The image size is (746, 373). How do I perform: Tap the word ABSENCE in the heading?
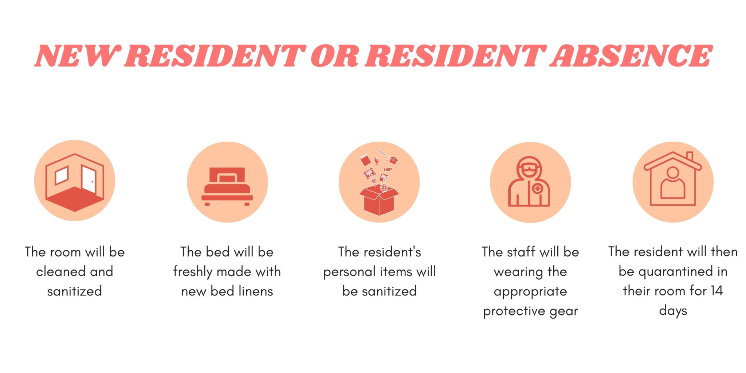coord(631,56)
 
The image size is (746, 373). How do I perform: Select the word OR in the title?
coord(335,56)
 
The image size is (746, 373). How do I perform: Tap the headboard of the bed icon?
coord(227,175)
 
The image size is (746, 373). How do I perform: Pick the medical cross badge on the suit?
coord(537,189)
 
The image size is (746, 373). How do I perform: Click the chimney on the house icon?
coord(689,156)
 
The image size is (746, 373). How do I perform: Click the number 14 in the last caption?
coord(716,291)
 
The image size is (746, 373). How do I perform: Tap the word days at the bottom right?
coord(673,311)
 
